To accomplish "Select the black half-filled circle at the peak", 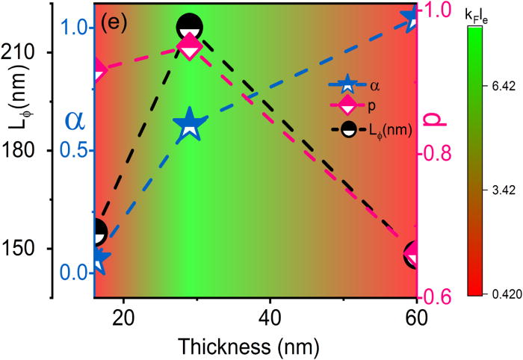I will point(190,28).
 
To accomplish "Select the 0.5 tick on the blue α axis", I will point(75,150).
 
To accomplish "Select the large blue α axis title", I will point(75,120).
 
